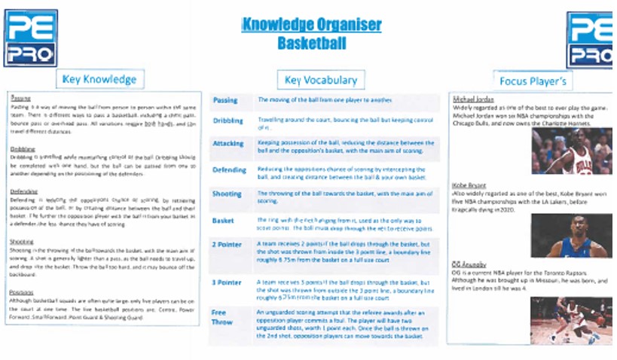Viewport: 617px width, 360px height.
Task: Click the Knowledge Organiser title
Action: tap(311, 24)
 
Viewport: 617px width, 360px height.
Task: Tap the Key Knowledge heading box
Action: tap(99, 79)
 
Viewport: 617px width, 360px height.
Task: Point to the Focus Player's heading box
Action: tap(532, 80)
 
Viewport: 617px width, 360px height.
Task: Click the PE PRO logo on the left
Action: tap(30, 38)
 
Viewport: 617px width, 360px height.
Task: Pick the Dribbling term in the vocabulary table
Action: tap(228, 121)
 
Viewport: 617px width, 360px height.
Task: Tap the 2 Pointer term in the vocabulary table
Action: tap(228, 245)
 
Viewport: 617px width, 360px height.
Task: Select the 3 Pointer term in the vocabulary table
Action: tap(228, 282)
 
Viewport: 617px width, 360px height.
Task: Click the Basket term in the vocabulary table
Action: tap(225, 220)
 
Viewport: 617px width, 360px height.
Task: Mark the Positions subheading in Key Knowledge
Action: tap(23, 292)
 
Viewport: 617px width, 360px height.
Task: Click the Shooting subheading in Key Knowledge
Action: tap(23, 242)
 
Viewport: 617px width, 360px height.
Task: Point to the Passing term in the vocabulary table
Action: tap(225, 100)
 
